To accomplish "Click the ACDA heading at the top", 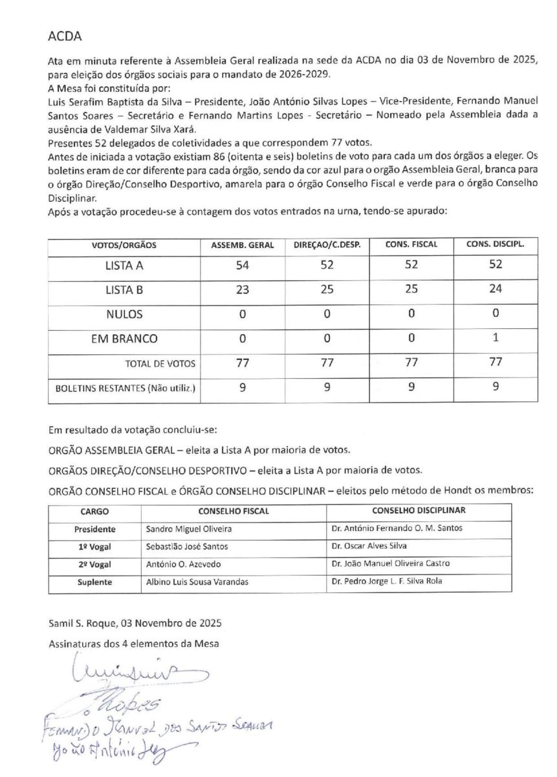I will click(x=63, y=37).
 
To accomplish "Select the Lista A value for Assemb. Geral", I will click(x=243, y=265).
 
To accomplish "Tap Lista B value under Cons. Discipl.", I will click(x=495, y=289).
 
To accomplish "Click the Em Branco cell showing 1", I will click(x=495, y=338).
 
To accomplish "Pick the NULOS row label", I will click(x=124, y=314).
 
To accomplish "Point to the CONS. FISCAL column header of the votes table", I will click(x=411, y=245).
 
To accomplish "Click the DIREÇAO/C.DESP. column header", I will click(x=327, y=245).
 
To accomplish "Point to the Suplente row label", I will click(x=94, y=581).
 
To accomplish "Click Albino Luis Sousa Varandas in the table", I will click(x=197, y=581).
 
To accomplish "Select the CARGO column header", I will click(x=94, y=510).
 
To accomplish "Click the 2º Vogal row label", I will click(x=94, y=563).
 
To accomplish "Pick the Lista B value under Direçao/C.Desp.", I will click(x=327, y=289).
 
